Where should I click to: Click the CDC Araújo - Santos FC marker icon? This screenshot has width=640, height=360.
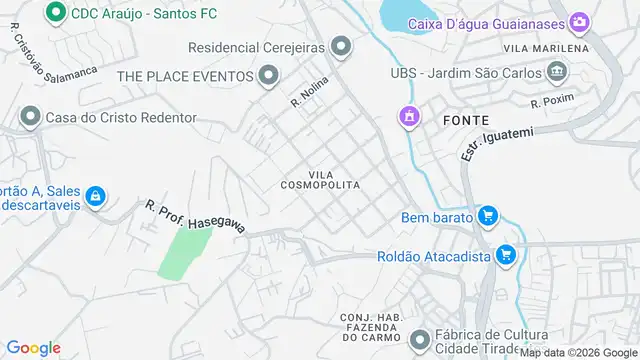click(56, 13)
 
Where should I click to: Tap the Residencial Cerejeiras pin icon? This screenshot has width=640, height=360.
click(342, 46)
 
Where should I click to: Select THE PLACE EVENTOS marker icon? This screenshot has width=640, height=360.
click(268, 75)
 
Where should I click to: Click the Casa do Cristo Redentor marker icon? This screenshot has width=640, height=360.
click(29, 118)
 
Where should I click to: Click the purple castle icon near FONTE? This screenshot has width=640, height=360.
click(407, 118)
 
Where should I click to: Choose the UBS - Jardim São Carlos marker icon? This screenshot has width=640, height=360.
click(557, 72)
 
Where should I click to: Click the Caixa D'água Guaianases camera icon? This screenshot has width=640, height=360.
click(579, 22)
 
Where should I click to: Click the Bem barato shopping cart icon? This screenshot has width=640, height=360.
click(487, 216)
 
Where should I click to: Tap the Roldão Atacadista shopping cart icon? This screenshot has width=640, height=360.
click(505, 256)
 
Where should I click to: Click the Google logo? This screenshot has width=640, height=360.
click(33, 348)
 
